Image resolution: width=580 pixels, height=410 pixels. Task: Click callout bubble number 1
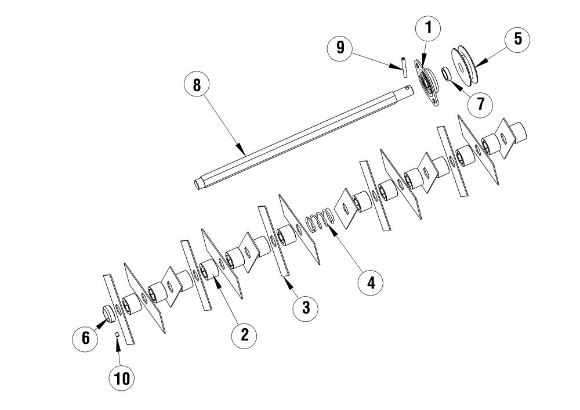[x=428, y=28]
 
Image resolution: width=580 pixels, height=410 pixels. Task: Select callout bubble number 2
[x=244, y=335]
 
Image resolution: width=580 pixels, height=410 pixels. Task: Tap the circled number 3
[x=306, y=307]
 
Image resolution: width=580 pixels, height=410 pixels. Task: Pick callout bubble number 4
[x=371, y=283]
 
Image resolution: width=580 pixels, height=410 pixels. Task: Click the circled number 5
[x=517, y=39]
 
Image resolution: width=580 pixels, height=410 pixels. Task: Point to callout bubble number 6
[x=85, y=338]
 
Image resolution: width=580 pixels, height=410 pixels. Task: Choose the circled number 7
[x=480, y=105]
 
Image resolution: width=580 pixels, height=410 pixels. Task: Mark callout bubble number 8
[x=197, y=85]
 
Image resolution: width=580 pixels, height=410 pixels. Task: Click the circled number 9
[x=340, y=48]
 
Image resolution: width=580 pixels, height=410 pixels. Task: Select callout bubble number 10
[x=122, y=379]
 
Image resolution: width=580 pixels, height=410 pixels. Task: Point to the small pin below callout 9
[x=404, y=67]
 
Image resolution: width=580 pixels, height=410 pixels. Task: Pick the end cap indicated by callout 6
[x=108, y=314]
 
